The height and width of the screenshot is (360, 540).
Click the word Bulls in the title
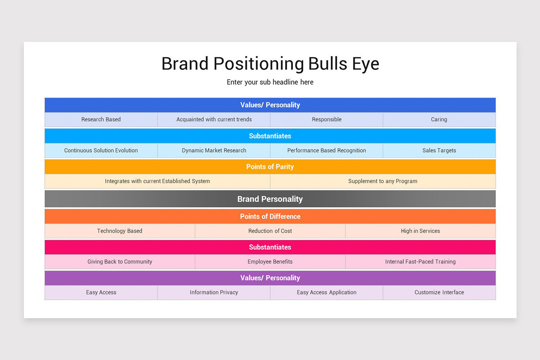pos(328,63)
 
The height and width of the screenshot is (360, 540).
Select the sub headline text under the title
pos(270,82)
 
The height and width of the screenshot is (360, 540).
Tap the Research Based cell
pos(101,119)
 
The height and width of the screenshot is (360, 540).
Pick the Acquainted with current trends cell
pos(214,119)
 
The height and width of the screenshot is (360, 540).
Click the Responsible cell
pos(327,119)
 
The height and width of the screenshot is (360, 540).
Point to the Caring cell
pos(439,119)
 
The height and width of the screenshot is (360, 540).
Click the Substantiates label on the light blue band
pos(270,136)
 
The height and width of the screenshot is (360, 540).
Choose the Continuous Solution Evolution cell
pos(101,150)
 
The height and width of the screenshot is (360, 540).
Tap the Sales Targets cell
pos(439,150)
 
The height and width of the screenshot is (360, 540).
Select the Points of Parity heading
pos(270,166)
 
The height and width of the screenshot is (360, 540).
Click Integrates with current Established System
pos(157,181)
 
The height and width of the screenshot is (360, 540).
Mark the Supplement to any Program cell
pos(383,181)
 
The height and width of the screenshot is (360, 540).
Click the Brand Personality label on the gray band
pos(270,199)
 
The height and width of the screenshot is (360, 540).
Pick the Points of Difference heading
pos(270,216)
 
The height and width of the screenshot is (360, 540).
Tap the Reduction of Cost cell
pos(270,231)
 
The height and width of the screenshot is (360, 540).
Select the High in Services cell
pos(420,231)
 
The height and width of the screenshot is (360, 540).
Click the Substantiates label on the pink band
pos(270,247)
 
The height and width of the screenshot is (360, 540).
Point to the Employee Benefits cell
pos(270,261)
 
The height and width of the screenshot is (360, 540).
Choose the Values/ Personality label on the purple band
pos(270,278)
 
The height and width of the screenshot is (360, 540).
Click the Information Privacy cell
pos(214,292)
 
